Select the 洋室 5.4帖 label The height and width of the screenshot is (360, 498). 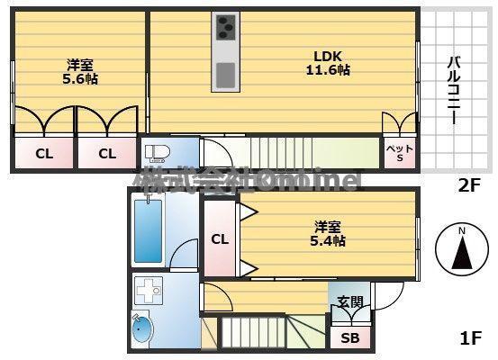click(328, 233)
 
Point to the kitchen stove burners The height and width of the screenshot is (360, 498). click(224, 31)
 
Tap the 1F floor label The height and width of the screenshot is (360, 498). click(470, 339)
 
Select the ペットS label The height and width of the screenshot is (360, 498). click(400, 153)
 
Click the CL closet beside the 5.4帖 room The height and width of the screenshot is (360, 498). click(219, 239)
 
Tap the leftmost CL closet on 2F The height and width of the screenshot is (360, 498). click(44, 153)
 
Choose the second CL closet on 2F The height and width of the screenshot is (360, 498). click(106, 153)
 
